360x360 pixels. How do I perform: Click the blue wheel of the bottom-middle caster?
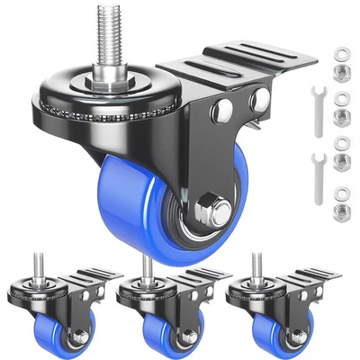point(150,328)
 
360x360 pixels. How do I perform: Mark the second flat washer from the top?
point(341,96)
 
